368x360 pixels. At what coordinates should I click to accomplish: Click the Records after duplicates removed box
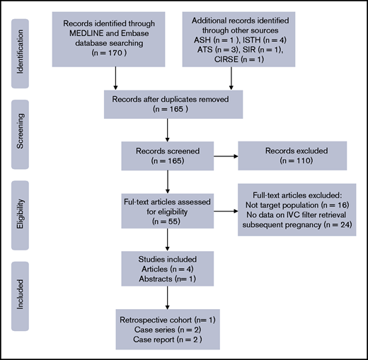click(x=167, y=105)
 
